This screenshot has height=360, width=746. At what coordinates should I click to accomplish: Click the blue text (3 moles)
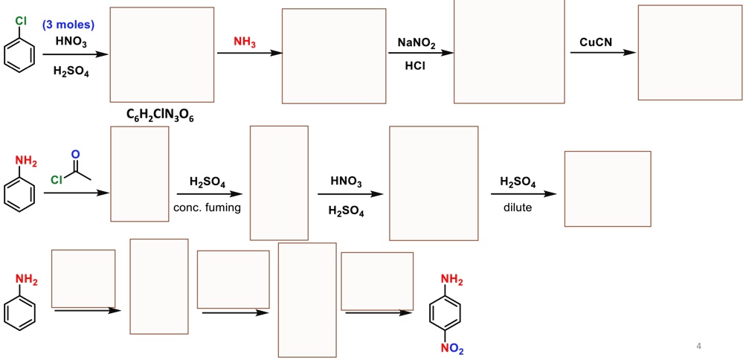tap(68, 25)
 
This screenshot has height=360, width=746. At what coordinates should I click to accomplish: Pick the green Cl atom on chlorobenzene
tap(20, 21)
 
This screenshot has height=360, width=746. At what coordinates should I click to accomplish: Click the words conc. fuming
tap(207, 208)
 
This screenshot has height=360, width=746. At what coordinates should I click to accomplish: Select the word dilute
tap(518, 208)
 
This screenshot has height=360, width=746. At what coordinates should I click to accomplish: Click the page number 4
tap(698, 346)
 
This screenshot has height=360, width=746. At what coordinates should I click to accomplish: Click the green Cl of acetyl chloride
tap(57, 179)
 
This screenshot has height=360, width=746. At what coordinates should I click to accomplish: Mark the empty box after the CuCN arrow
tap(689, 52)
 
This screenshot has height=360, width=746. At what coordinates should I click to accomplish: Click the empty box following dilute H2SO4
tap(607, 188)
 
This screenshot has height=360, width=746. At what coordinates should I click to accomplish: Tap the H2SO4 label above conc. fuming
tap(208, 182)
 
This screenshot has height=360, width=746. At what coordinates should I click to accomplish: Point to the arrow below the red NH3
tap(249, 54)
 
